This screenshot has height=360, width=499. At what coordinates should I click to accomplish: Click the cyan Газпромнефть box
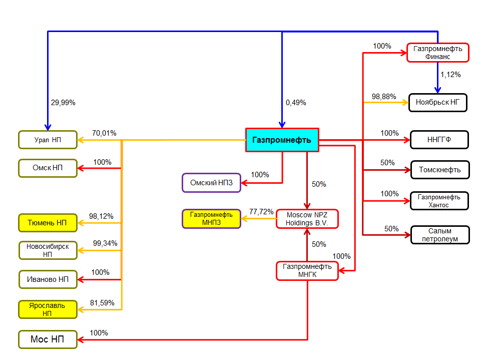[282, 140]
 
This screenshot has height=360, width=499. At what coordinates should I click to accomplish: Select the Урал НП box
[48, 140]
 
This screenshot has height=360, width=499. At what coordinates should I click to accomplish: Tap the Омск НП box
[48, 168]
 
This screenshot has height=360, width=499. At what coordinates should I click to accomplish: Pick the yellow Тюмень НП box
[48, 223]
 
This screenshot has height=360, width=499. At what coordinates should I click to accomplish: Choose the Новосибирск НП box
[48, 250]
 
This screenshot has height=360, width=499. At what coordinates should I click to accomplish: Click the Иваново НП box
[48, 279]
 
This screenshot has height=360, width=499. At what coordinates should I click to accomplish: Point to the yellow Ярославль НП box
[48, 309]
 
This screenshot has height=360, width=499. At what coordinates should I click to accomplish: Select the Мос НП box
[48, 339]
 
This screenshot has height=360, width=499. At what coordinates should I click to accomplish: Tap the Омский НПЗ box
[211, 183]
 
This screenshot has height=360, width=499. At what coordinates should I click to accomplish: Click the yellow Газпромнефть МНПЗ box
[211, 219]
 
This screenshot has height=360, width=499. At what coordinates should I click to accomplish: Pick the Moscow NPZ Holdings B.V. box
[307, 219]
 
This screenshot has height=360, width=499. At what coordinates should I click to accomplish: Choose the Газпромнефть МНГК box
[307, 271]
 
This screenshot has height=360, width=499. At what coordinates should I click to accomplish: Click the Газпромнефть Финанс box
[438, 53]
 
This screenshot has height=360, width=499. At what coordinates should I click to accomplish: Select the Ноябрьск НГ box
[438, 103]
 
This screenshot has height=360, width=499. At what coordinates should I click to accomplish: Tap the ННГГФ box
[439, 140]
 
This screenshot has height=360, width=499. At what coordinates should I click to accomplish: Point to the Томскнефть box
[440, 170]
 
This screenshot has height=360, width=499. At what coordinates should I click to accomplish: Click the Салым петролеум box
[440, 235]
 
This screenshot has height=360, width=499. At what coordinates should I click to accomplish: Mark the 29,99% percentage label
[63, 103]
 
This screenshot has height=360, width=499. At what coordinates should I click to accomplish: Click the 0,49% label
[296, 103]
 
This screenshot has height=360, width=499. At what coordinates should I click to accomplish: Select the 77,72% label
[261, 212]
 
